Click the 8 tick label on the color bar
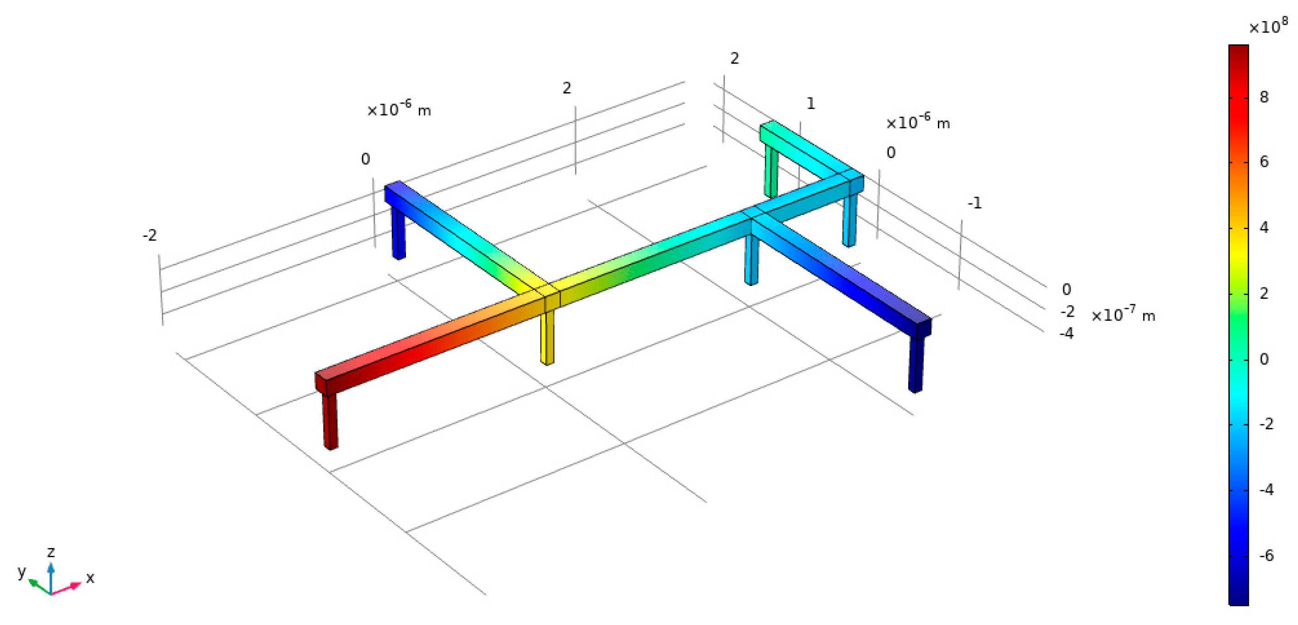1264,97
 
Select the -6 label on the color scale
1266,555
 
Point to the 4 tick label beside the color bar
1264,227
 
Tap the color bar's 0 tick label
1264,359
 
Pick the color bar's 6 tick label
1264,161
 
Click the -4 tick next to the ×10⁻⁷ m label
1067,333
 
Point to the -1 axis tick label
975,203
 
